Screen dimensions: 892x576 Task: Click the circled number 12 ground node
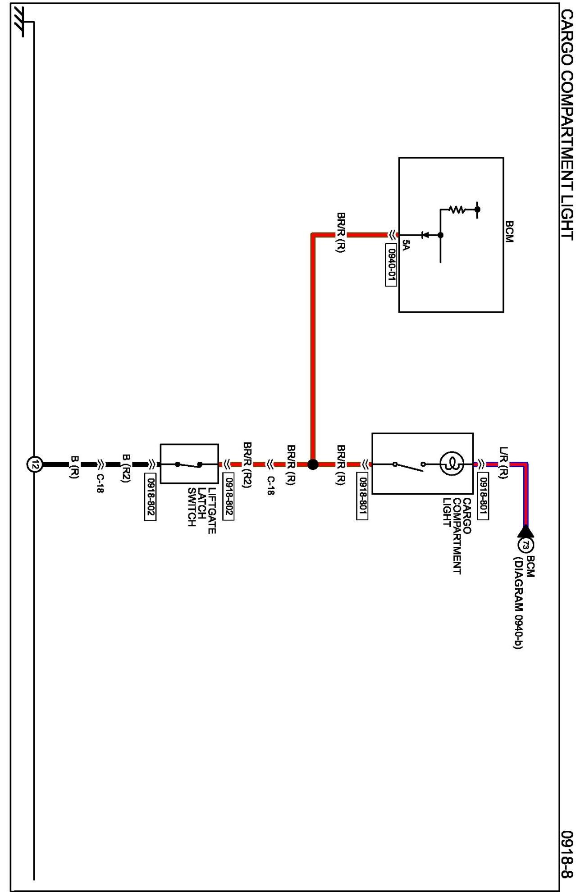[x=35, y=464]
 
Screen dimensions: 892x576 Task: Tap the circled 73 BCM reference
[x=526, y=545]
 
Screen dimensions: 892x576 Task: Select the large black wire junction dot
[x=313, y=464]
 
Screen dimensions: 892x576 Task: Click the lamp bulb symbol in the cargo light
[x=452, y=463]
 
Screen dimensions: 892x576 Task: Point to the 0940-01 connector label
[x=391, y=265]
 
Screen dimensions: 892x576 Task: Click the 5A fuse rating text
[x=406, y=246]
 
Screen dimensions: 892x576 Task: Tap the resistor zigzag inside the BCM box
[x=457, y=209]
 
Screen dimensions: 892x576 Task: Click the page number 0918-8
[x=567, y=853]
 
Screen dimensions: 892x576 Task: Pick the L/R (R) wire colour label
[x=504, y=463]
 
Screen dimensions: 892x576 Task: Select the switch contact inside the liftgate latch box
[x=189, y=464]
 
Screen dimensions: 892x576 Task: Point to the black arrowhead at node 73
[x=526, y=532]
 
